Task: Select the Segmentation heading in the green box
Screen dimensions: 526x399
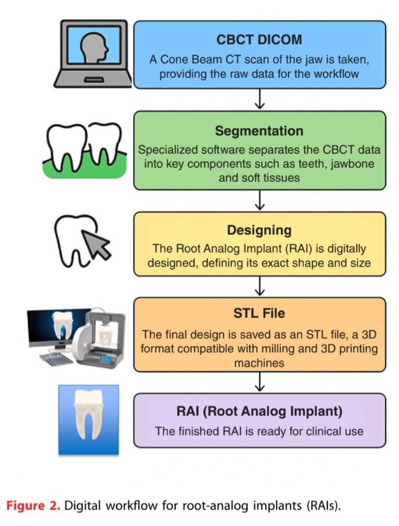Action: click(x=259, y=131)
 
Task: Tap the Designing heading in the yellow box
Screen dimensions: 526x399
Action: click(x=259, y=229)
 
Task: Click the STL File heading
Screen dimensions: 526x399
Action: click(x=259, y=313)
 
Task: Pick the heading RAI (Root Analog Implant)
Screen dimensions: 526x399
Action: click(x=259, y=412)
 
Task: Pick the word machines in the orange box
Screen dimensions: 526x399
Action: click(x=259, y=363)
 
